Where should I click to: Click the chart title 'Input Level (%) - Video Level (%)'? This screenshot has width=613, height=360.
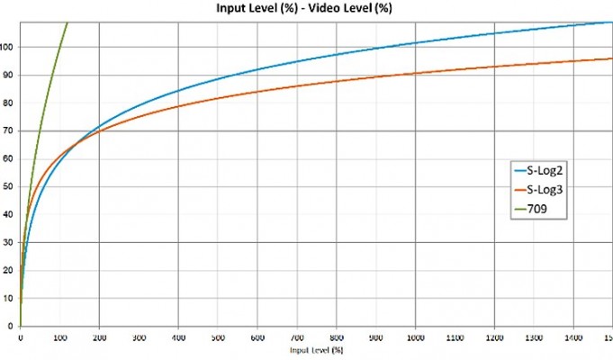click(306, 8)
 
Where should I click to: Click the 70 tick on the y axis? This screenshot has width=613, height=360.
click(10, 131)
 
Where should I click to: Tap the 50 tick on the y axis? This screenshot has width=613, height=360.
click(10, 187)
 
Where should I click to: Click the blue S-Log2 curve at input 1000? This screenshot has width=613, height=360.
click(415, 42)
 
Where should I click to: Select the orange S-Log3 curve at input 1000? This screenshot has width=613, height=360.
click(415, 73)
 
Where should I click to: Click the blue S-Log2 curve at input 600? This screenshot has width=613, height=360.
click(257, 70)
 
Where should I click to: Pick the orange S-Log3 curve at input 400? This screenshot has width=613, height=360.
click(178, 107)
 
